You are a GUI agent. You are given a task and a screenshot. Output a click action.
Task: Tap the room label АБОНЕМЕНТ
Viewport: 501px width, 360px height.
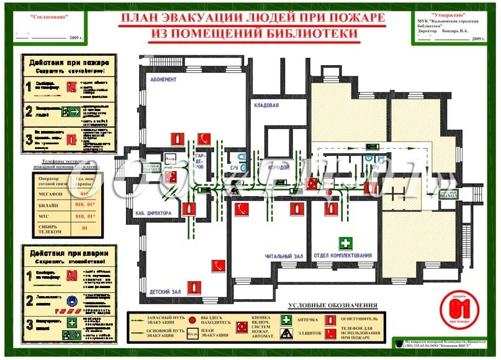(163, 80)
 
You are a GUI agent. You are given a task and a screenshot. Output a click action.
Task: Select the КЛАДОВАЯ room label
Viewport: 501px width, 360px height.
(266, 106)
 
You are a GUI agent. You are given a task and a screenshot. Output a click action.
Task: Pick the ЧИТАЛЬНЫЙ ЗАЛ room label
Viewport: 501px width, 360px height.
(284, 256)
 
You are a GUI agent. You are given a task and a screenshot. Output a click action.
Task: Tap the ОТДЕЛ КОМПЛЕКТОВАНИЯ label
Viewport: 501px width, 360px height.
(343, 256)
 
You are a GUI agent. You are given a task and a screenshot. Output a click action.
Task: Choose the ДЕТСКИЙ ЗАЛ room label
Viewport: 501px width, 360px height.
(166, 291)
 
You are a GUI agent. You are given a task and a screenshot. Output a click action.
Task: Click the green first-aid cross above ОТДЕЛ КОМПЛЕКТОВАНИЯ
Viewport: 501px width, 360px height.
(345, 243)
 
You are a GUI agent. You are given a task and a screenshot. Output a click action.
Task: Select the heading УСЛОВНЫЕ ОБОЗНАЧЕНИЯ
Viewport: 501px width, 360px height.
(333, 305)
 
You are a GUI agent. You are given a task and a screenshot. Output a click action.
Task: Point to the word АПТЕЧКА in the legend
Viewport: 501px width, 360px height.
(307, 320)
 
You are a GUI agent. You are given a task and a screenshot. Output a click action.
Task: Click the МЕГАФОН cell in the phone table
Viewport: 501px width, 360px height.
(52, 194)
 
